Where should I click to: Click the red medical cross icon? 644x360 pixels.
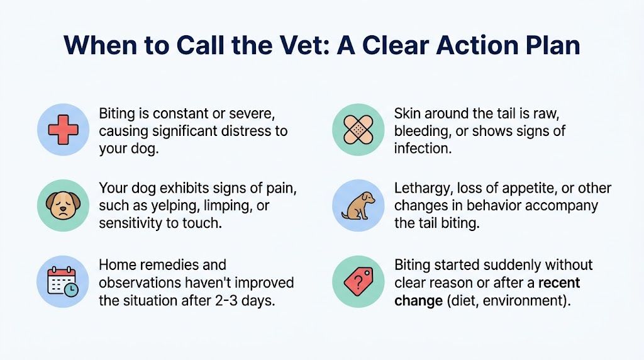pos(63,130)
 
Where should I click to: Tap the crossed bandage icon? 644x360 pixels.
pos(358,130)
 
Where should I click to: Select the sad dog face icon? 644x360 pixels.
pos(63,205)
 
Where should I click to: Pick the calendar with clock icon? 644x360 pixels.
pos(63,281)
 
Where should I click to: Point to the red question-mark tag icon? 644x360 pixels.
pos(358,281)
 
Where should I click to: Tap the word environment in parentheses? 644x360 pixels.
pos(526,300)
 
